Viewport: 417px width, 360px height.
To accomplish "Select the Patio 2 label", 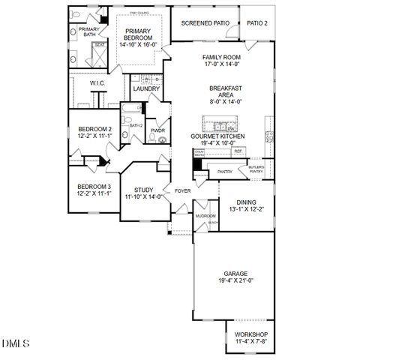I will [256, 23].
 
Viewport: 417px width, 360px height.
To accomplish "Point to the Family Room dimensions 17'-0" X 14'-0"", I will [221, 64].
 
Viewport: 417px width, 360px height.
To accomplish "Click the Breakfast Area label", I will [224, 91].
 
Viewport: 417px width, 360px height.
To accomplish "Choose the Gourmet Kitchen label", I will [217, 136].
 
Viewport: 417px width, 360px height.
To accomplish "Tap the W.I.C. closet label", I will [97, 83].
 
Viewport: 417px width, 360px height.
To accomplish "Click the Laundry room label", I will [145, 88].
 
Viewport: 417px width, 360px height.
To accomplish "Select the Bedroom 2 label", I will [94, 129].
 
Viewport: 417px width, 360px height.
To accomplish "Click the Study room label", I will [144, 190].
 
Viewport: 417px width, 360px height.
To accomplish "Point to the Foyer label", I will [182, 190].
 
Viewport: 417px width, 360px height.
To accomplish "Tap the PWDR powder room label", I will [157, 130].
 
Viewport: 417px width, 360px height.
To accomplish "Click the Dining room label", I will [246, 202].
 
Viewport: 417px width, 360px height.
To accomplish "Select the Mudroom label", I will [205, 215].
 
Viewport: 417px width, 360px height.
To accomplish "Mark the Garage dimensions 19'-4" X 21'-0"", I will [235, 280].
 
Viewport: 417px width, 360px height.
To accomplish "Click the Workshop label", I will [250, 334].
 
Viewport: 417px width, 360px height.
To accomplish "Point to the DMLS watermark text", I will [16, 343].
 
